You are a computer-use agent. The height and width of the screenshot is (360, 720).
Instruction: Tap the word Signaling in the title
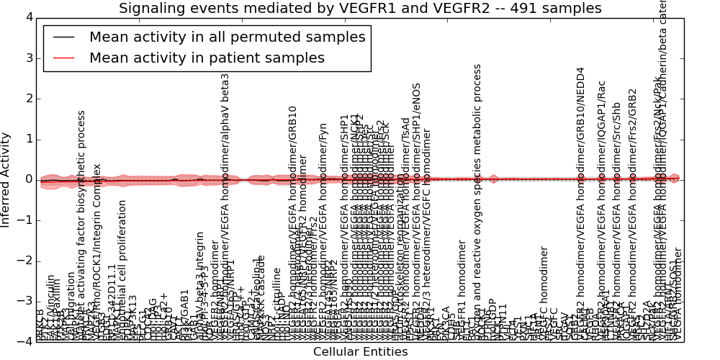[150, 9]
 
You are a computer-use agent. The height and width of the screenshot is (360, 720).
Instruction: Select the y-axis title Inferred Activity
[6, 179]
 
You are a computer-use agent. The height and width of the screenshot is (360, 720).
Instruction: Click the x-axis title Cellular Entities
[360, 351]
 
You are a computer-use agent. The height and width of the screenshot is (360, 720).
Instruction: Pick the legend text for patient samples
[207, 58]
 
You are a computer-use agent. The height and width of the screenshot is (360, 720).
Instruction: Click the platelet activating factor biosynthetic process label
[81, 230]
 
